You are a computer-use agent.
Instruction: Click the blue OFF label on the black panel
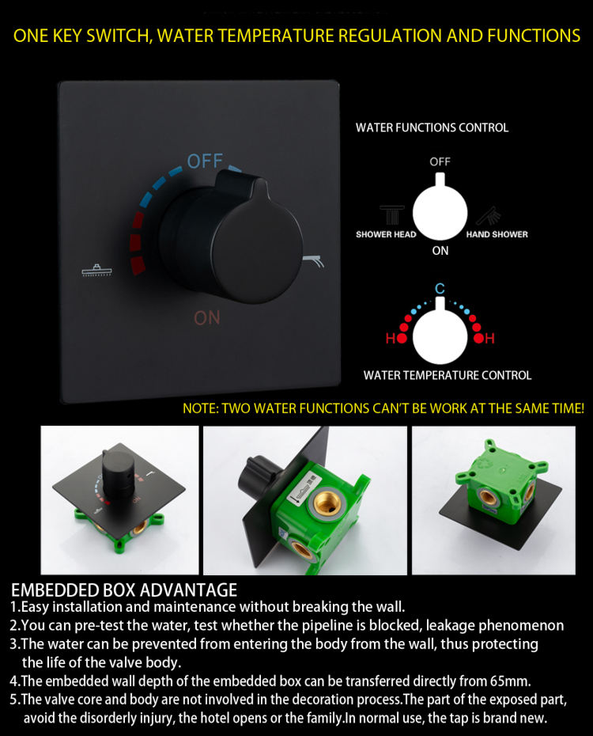(x=205, y=161)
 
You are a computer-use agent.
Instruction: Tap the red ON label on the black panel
(x=206, y=318)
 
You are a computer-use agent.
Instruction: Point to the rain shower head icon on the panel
(x=97, y=271)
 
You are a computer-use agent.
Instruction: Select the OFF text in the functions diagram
(x=440, y=161)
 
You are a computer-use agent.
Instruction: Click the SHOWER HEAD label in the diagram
(x=386, y=234)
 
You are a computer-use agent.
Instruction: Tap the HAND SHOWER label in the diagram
(x=497, y=234)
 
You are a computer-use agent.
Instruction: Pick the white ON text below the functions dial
(x=440, y=251)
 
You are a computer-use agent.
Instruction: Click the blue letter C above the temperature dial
(x=440, y=288)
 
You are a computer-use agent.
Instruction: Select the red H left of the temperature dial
(x=391, y=338)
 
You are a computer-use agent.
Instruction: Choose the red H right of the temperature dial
(x=490, y=338)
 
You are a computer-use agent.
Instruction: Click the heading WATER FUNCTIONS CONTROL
(x=432, y=127)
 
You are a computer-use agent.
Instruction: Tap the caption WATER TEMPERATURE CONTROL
(x=448, y=375)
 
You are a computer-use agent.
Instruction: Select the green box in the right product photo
(x=500, y=484)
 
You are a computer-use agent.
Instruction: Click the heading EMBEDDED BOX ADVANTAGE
(x=124, y=590)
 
